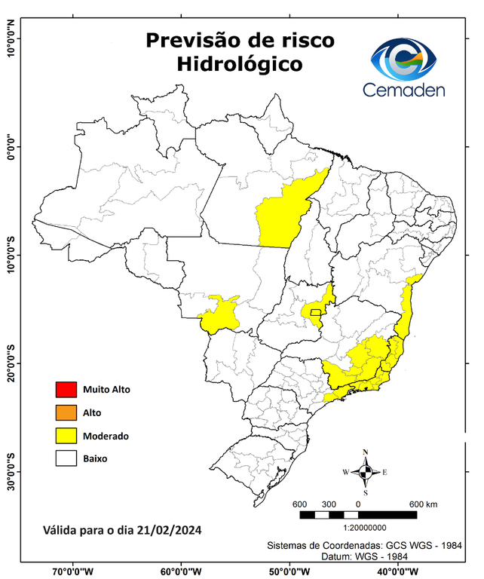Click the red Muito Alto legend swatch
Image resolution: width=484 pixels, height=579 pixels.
(x=66, y=390)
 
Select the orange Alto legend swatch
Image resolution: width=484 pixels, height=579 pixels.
(x=66, y=412)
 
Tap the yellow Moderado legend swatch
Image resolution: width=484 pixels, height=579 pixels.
(x=66, y=436)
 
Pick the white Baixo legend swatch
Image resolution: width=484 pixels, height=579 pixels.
(x=66, y=458)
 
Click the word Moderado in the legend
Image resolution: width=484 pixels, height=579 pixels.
(x=106, y=436)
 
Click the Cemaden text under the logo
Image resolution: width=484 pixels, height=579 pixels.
(x=404, y=90)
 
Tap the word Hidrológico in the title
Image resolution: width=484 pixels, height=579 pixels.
(x=240, y=64)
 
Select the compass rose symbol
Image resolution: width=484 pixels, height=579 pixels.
(x=366, y=473)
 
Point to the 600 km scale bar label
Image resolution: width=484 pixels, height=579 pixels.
(x=423, y=504)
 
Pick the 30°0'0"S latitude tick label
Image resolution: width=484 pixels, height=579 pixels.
(x=11, y=471)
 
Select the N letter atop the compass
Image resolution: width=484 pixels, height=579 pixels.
(x=366, y=452)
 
